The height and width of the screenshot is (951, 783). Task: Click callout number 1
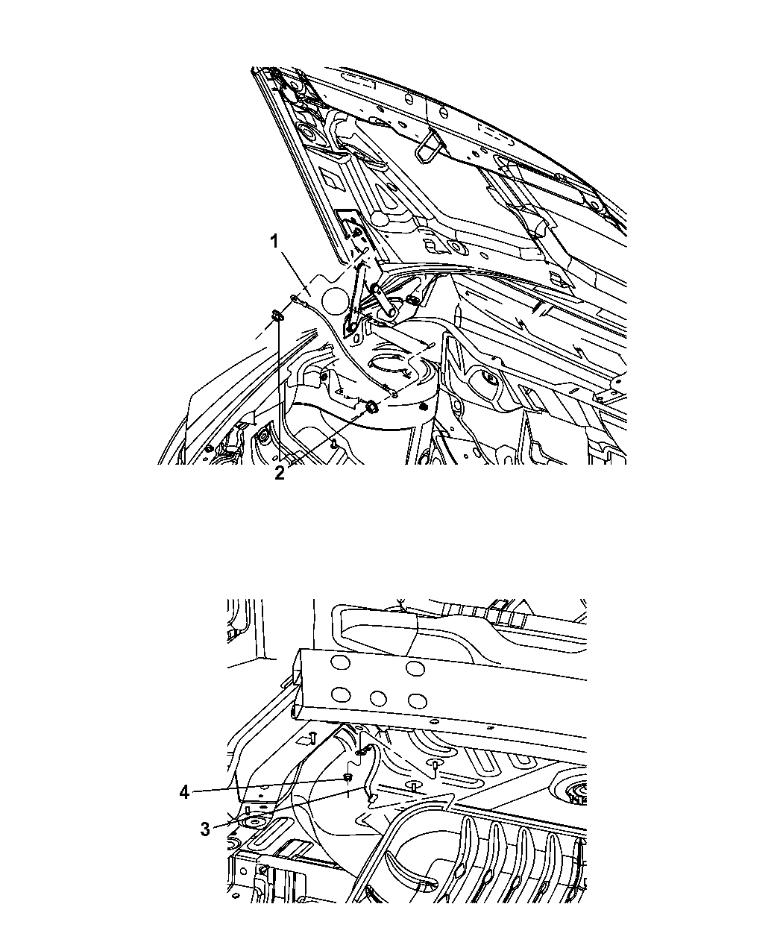click(274, 242)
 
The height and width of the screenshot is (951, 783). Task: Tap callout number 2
click(279, 473)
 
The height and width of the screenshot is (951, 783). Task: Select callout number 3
click(205, 829)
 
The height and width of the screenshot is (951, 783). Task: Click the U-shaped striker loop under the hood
click(427, 147)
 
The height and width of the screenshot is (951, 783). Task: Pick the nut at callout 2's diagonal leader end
click(371, 407)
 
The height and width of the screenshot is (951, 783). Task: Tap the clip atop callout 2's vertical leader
click(277, 315)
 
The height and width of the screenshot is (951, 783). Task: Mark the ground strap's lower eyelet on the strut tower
click(394, 393)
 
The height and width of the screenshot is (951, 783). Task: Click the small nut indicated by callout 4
click(348, 778)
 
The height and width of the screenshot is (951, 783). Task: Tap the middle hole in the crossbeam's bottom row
click(378, 711)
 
